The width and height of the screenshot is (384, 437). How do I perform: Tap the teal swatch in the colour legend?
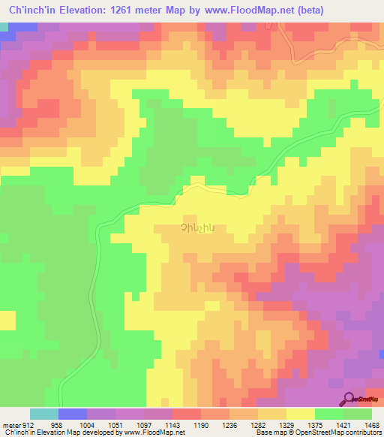tap(44, 414)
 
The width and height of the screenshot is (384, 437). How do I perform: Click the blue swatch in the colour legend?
tap(73, 414)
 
